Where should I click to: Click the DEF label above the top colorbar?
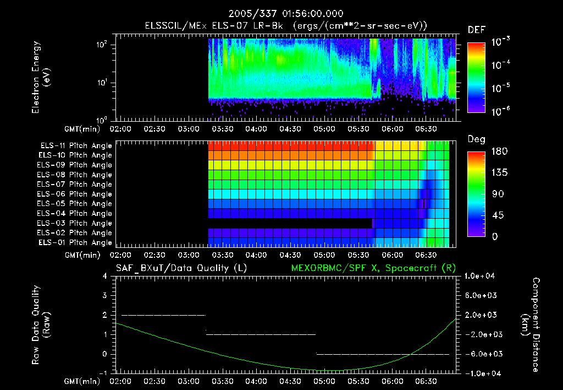click(476, 30)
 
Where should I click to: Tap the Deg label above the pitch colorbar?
click(476, 139)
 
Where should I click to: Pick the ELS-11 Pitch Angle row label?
click(76, 145)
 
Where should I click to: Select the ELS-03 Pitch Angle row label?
click(76, 223)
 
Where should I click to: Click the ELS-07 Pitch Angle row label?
click(76, 185)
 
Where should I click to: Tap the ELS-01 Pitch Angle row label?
click(76, 242)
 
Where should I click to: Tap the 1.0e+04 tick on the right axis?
click(481, 276)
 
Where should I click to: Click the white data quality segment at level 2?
click(163, 315)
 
